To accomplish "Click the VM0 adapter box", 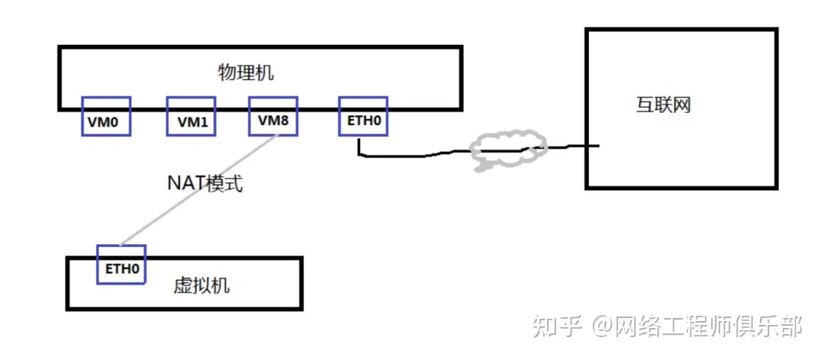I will point(106,117).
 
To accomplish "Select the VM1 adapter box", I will point(191,117).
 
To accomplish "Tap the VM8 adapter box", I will point(273,117).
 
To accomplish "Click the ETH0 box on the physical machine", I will point(362,117).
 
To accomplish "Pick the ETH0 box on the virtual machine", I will point(121,265).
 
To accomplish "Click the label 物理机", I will point(246,73).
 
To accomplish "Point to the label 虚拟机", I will point(202,286).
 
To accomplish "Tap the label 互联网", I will point(663,104).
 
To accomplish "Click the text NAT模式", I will point(205,183).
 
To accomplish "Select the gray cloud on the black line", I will point(507,151).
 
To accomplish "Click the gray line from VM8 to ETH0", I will point(198,191).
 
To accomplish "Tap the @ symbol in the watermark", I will point(602,327).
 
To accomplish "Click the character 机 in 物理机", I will point(264,73).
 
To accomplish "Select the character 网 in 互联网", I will point(681,104).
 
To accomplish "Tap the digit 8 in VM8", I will point(284,121).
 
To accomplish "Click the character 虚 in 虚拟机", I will point(184,286).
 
